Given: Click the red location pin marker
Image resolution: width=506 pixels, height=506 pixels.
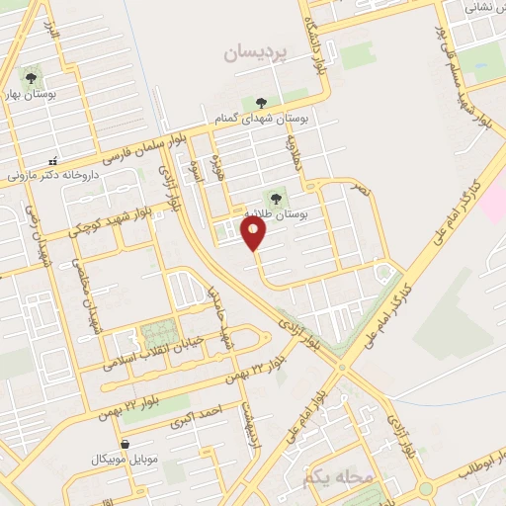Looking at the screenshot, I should click(255, 234).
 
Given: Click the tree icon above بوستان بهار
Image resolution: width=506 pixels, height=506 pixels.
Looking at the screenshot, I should click(31, 77).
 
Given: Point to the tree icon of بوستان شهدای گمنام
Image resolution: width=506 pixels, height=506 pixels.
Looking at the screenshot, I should click(261, 102).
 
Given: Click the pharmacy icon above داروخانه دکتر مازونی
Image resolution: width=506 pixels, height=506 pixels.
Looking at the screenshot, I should click(53, 160).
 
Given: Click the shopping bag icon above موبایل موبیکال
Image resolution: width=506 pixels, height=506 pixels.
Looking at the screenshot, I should click(126, 443).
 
